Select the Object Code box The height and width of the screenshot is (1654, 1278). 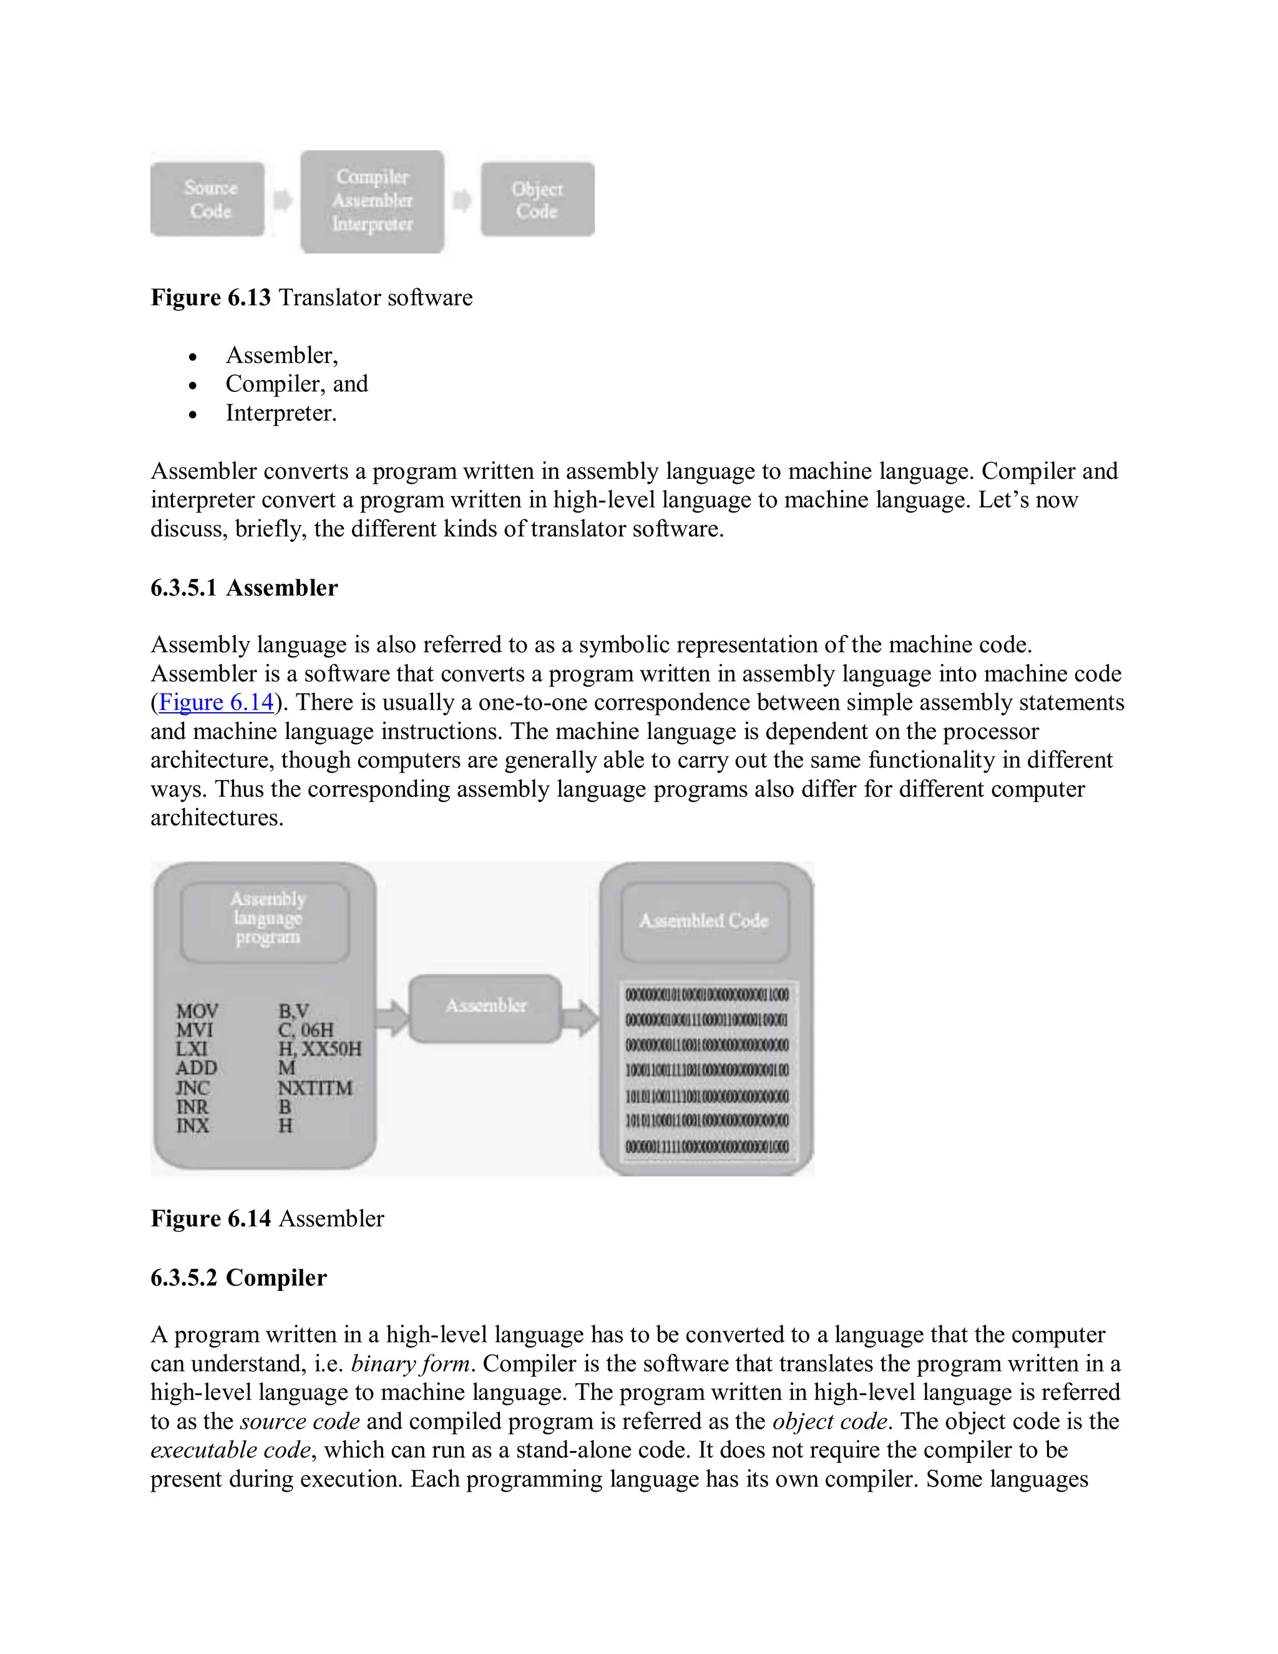(537, 199)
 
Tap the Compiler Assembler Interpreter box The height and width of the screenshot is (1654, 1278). (372, 201)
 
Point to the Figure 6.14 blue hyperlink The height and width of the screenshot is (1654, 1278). (216, 703)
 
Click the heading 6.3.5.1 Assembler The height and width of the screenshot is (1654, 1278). (244, 588)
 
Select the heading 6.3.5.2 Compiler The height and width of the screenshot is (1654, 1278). (238, 1278)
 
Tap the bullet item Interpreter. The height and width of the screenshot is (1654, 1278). (281, 413)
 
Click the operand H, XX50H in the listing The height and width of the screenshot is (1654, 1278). (319, 1049)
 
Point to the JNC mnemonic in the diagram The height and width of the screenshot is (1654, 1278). (192, 1087)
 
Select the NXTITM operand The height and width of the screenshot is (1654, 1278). (315, 1087)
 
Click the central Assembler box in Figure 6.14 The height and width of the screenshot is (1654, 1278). (485, 1007)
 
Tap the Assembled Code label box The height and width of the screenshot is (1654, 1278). (704, 921)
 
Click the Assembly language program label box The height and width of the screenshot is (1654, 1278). (266, 919)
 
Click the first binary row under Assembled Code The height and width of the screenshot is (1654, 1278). (706, 994)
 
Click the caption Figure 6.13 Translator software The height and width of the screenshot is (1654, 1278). (311, 298)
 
